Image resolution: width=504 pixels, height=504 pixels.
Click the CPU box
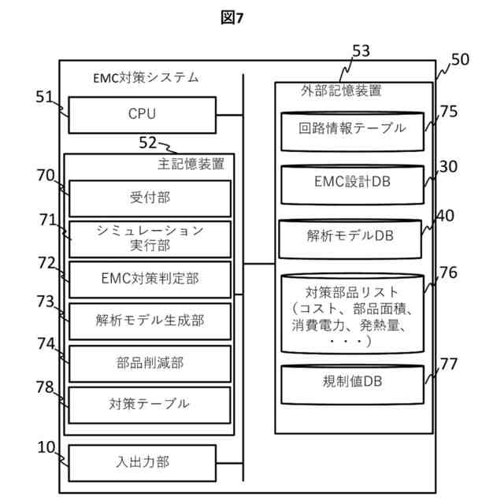coord(142,115)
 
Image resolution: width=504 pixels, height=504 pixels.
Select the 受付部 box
coord(150,198)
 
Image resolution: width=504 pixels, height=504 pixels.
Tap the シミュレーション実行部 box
coord(150,239)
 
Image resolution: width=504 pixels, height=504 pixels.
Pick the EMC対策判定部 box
coord(150,280)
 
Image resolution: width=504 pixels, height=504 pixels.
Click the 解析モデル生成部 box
coord(150,321)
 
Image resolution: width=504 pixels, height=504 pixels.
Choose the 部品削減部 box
coord(150,364)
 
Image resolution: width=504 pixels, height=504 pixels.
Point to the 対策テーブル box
coord(150,405)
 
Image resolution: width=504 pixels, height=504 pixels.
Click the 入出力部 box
coord(142,463)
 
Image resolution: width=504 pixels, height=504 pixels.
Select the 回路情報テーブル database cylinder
coord(352,132)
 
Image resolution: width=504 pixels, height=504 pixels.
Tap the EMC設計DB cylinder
coord(352,184)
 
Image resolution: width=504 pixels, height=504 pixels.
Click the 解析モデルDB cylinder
coord(350,239)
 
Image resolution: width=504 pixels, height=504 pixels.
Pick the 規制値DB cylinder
coord(352,384)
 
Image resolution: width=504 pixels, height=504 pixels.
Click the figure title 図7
coord(232,17)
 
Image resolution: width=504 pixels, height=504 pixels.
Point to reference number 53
coord(361,51)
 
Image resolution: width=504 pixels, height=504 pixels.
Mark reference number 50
coord(460,60)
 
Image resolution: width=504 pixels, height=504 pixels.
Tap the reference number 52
coord(147,143)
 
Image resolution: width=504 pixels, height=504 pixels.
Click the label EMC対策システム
coord(146,78)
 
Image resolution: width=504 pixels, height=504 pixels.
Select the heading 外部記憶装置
coord(341,91)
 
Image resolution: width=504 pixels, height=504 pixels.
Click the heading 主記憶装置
coord(191,164)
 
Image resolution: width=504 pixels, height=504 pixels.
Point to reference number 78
coord(45,387)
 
